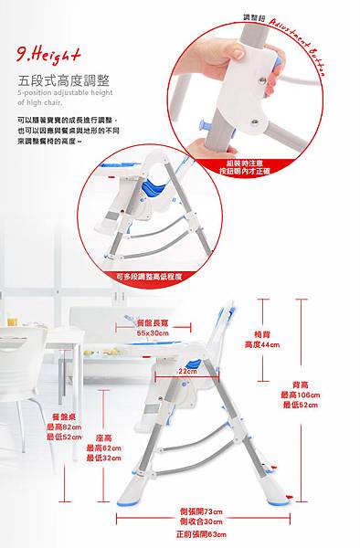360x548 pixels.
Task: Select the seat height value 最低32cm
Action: point(104,458)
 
